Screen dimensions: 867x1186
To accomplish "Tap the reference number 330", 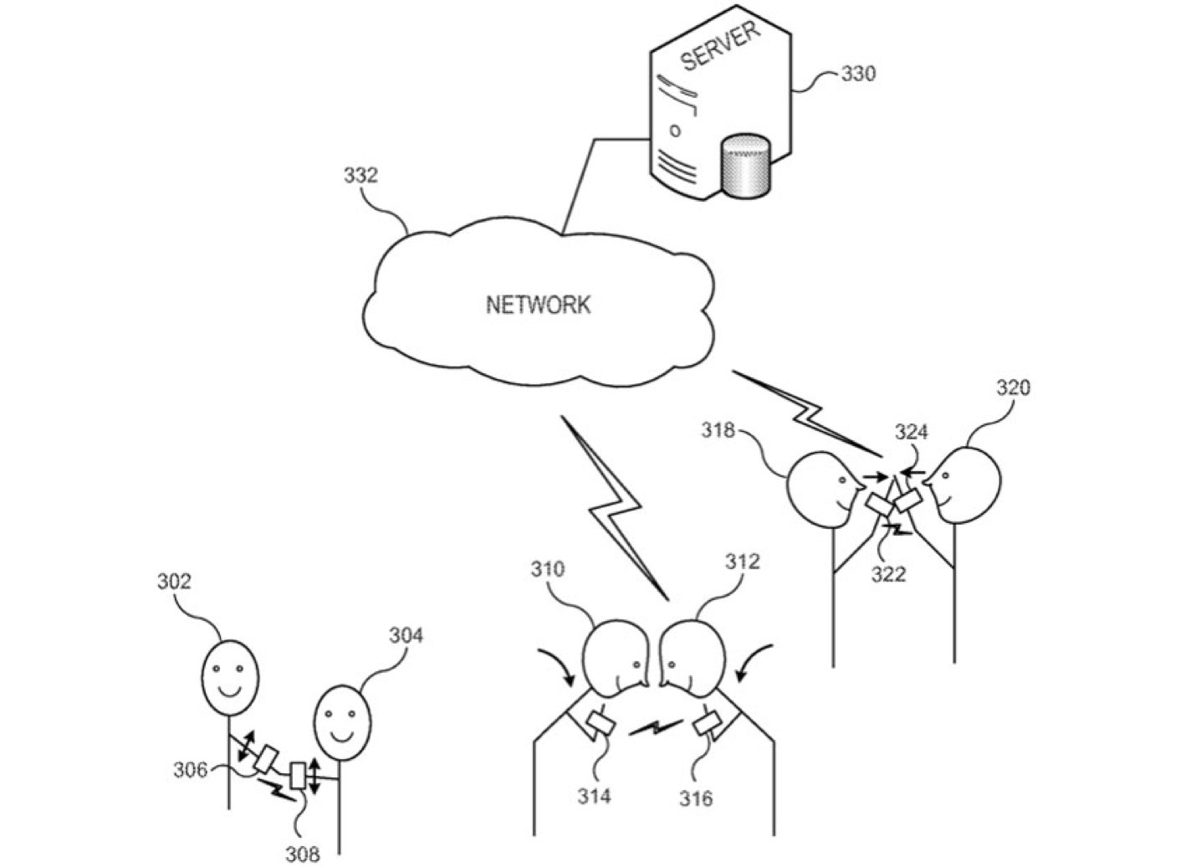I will (858, 74).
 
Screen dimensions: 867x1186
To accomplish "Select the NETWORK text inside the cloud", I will (538, 304).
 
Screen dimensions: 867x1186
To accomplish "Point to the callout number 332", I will (360, 176).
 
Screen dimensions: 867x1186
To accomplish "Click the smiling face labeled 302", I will (228, 675).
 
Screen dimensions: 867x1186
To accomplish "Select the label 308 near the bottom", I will (302, 854).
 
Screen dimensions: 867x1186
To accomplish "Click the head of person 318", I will (820, 490).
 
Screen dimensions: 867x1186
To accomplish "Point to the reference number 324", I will (912, 432).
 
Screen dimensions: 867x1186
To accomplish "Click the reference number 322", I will (888, 574).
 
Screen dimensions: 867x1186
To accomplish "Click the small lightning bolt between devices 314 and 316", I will (655, 727).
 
